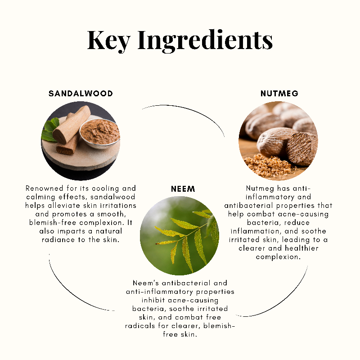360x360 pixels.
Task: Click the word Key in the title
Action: pos(108,40)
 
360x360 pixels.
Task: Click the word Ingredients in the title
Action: pos(205,40)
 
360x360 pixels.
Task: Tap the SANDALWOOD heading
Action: pos(81,94)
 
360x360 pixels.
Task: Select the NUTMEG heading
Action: pos(279,94)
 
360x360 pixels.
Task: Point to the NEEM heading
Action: pos(183,189)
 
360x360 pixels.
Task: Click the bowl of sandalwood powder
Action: pos(99,134)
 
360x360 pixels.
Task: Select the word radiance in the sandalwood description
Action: pos(58,240)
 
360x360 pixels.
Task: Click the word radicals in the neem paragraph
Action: pos(140,326)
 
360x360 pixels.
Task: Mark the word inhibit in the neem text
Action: pos(153,300)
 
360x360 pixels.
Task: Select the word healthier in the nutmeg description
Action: pos(301,248)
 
